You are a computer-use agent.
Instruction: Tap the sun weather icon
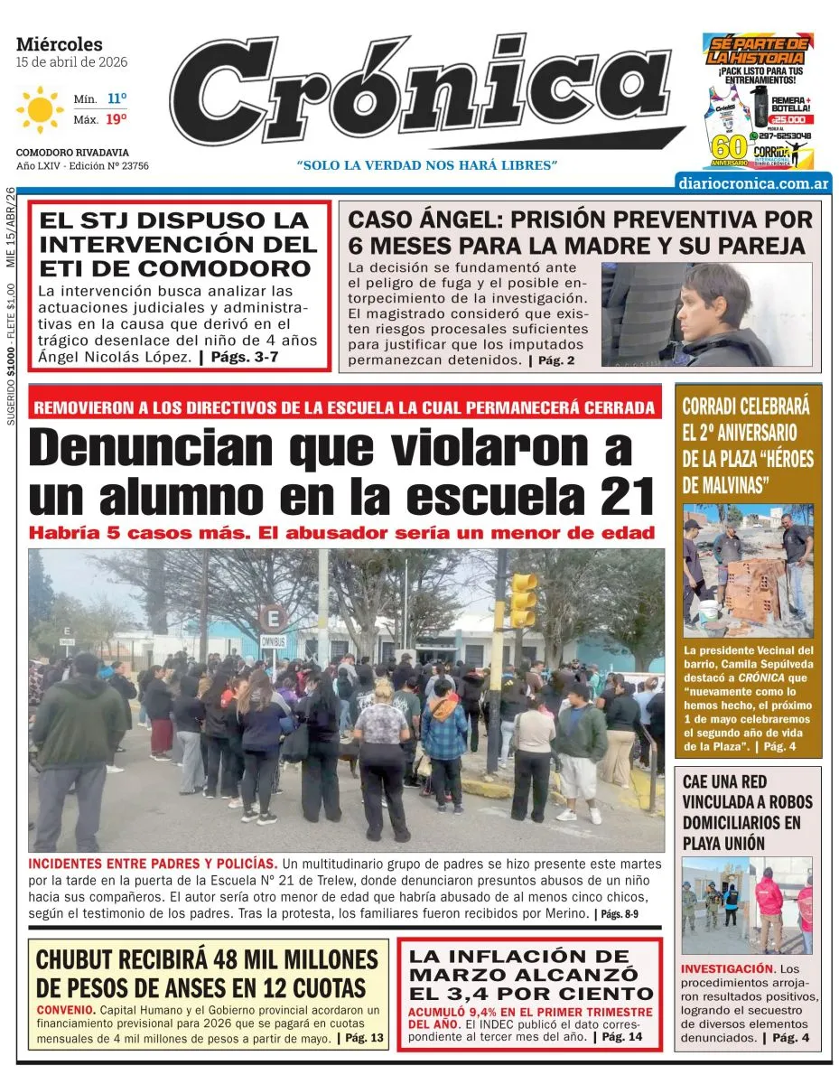(40, 109)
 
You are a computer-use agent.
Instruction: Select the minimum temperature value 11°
(117, 98)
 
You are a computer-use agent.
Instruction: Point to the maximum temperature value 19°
(117, 118)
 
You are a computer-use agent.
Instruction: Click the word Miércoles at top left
(60, 44)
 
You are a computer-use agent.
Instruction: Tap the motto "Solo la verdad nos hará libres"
(427, 165)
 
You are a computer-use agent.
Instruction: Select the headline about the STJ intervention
(178, 244)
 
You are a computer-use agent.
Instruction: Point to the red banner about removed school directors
(344, 407)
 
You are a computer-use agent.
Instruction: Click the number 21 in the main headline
(617, 495)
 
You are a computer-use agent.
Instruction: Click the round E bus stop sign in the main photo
(272, 619)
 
